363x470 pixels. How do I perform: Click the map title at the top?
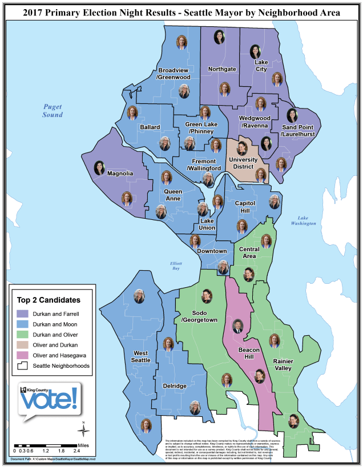pyautogui.click(x=181, y=12)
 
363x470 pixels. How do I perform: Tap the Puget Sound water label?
pyautogui.click(x=53, y=110)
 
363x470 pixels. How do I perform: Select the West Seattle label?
pyautogui.click(x=141, y=357)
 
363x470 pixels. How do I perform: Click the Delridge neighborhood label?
pyautogui.click(x=175, y=386)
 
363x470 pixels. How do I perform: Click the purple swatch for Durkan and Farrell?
pyautogui.click(x=24, y=314)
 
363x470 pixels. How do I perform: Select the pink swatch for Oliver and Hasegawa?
pyautogui.click(x=24, y=355)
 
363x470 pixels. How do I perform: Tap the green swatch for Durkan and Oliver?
pyautogui.click(x=24, y=335)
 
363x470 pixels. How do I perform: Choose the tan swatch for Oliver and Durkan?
pyautogui.click(x=24, y=345)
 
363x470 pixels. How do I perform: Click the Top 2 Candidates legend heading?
pyautogui.click(x=49, y=299)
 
